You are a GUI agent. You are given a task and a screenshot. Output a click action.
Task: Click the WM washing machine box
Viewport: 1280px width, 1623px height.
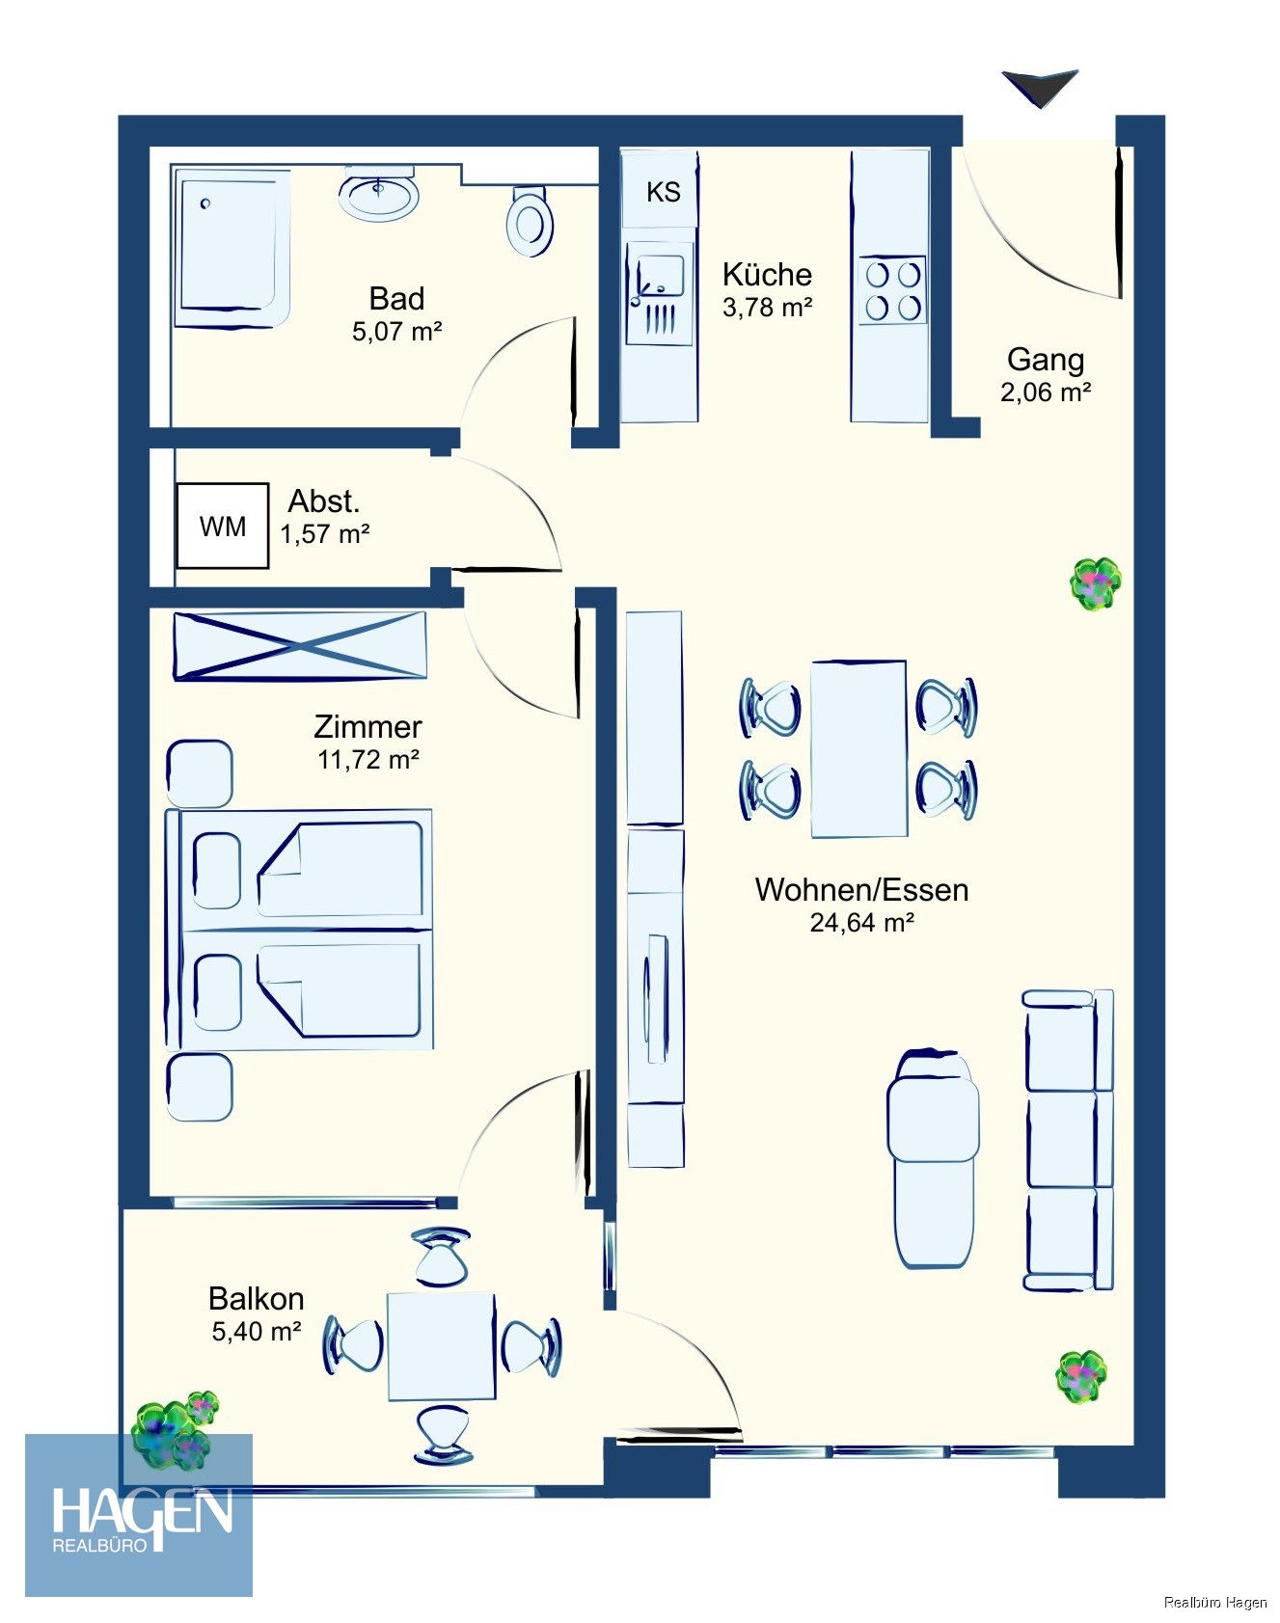point(222,526)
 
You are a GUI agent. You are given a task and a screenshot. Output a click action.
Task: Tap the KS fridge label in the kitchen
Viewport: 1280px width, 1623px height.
point(663,192)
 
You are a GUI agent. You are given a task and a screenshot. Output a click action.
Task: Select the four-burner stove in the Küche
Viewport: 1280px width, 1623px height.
point(892,290)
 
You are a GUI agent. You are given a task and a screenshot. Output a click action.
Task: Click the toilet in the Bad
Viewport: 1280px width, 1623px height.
point(530,221)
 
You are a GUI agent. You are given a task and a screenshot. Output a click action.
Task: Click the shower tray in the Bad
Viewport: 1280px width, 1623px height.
point(231,248)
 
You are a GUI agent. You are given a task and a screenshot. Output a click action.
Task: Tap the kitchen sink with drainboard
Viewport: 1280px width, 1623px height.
point(659,293)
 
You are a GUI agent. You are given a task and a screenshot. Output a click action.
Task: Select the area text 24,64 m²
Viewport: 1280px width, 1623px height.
point(861,923)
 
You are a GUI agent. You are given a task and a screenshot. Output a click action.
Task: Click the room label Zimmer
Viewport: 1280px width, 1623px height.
point(368,726)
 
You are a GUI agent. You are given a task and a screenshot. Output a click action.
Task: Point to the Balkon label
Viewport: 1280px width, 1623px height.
point(257,1298)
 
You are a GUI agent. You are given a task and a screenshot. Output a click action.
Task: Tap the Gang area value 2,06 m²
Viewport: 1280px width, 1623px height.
point(1046,392)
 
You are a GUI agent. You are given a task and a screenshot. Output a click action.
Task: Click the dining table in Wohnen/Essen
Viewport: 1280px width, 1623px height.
point(858,749)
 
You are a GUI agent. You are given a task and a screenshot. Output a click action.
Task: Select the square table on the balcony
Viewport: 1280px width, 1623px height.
point(441,1346)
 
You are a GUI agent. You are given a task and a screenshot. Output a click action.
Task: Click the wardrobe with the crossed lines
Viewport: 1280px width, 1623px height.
point(300,646)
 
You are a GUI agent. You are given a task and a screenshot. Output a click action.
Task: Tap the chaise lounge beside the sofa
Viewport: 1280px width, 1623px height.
point(933,1158)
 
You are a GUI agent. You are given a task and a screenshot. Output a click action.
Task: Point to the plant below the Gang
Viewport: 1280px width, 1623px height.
point(1096,583)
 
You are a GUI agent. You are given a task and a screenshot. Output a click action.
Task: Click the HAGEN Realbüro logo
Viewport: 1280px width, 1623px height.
point(139,1514)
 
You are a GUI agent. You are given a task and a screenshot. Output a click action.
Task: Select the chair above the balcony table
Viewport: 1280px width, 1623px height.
point(441,1256)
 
